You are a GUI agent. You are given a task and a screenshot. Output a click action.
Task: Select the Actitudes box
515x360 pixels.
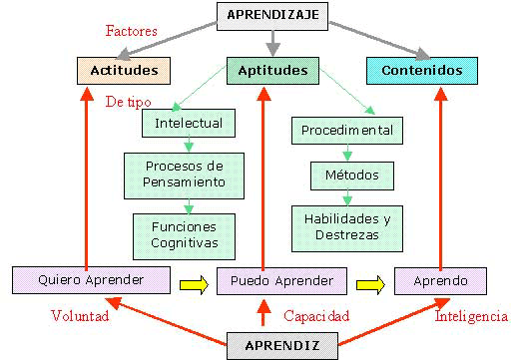(123, 71)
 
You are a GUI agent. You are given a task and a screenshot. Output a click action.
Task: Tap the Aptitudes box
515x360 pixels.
(272, 71)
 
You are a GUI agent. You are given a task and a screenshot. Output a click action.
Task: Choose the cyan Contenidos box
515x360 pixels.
(422, 71)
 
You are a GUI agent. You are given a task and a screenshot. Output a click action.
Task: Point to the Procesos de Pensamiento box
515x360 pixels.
(176, 174)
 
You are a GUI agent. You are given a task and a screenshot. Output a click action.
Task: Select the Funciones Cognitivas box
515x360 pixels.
(185, 234)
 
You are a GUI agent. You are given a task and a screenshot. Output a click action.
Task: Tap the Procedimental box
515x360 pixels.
(346, 130)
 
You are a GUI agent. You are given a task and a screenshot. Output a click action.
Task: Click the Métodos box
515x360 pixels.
(351, 177)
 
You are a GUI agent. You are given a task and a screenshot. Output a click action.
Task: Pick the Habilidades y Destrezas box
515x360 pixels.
(346, 227)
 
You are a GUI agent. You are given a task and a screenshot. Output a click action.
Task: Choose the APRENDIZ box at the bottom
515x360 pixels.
(272, 344)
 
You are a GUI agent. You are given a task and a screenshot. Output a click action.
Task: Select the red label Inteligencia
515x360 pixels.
(471, 317)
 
